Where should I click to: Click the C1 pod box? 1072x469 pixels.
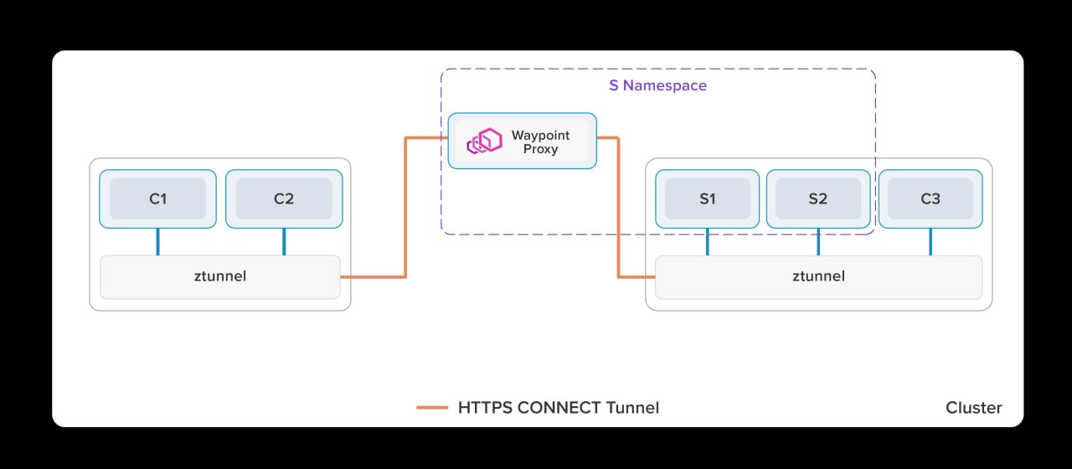[157, 198]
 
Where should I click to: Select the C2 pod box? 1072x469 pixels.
[284, 198]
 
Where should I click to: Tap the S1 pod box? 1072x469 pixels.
[708, 198]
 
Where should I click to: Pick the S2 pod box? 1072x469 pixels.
[818, 198]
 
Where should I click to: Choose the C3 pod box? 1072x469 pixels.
[930, 198]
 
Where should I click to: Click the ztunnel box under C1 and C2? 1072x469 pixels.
[220, 276]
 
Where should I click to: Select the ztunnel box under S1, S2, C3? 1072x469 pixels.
[818, 276]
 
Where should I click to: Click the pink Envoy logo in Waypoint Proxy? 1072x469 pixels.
[484, 141]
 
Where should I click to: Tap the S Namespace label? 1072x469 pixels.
[657, 85]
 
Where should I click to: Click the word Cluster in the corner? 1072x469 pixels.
[973, 408]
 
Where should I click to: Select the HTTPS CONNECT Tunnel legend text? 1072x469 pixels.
[559, 408]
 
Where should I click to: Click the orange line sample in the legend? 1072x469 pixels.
[432, 408]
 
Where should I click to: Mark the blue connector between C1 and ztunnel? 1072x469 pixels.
[157, 241]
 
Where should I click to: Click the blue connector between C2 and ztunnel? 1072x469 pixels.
[284, 241]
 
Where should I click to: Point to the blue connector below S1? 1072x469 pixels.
[708, 241]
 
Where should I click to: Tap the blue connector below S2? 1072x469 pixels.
[818, 241]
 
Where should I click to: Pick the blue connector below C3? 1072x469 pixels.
[930, 241]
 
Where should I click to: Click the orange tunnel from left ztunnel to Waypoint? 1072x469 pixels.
[405, 209]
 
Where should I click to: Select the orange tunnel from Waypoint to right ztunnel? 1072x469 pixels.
[619, 209]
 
